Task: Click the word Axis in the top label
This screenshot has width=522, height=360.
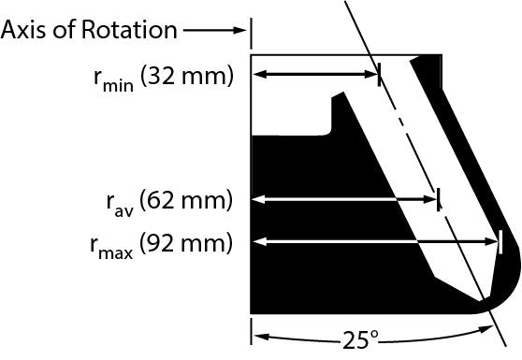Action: point(23,30)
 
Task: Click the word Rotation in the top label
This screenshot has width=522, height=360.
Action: point(129,30)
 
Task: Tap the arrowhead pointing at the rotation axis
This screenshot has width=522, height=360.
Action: point(239,30)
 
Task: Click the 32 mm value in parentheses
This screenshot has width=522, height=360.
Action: point(187,77)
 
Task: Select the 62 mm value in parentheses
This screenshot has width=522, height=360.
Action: point(186,201)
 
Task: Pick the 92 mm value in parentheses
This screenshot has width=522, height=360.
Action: point(186,243)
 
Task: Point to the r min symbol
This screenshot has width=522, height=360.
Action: point(114,80)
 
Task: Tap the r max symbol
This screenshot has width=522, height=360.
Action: point(111,248)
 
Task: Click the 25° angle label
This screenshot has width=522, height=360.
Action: point(360,340)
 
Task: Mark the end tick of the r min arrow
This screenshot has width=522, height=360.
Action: point(379,75)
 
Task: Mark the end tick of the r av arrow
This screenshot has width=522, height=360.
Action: point(439,199)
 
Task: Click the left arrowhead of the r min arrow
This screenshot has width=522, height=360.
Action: point(260,74)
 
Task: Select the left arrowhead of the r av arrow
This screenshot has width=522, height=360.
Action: point(260,199)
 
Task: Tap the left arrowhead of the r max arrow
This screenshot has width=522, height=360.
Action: point(260,241)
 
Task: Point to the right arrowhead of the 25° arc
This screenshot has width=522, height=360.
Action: point(486,329)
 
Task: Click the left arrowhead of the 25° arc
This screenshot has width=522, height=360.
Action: point(261,337)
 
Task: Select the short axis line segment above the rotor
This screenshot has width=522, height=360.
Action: point(251,34)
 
